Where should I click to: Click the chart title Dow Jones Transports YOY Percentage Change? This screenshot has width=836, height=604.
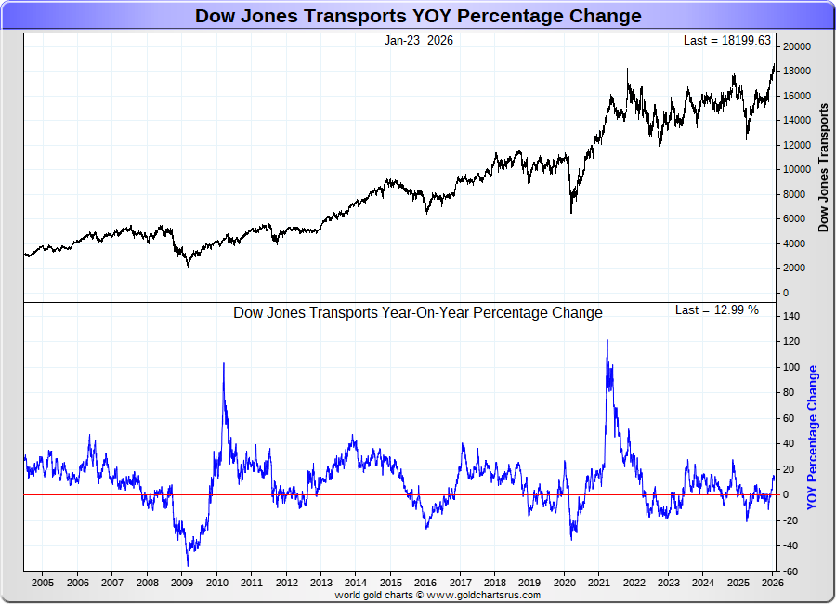pos(418,16)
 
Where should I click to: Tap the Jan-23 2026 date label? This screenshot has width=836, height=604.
pos(419,40)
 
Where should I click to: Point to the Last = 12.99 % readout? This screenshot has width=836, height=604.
pos(716,309)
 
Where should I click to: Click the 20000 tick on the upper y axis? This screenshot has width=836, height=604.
pos(798,46)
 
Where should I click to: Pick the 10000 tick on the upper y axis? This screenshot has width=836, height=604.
pos(798,169)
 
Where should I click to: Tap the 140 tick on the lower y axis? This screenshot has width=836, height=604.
pos(791,316)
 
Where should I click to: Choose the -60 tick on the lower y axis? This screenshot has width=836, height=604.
pos(791,571)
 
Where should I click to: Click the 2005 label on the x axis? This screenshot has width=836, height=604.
pos(42,583)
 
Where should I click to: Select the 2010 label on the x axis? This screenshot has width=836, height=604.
pos(216,583)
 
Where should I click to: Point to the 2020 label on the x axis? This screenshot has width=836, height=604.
pos(565,583)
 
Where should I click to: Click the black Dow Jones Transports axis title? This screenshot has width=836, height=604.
pos(823,167)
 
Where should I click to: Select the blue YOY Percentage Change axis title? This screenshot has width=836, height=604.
pos(813,438)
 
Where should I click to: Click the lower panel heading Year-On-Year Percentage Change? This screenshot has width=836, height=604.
pos(417,313)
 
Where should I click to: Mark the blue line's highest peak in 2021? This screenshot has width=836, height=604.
pos(607,340)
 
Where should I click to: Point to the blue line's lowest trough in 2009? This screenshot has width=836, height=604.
pos(188,565)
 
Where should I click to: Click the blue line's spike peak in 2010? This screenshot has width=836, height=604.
pos(224,363)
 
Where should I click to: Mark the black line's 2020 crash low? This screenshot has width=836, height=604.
pos(570,213)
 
